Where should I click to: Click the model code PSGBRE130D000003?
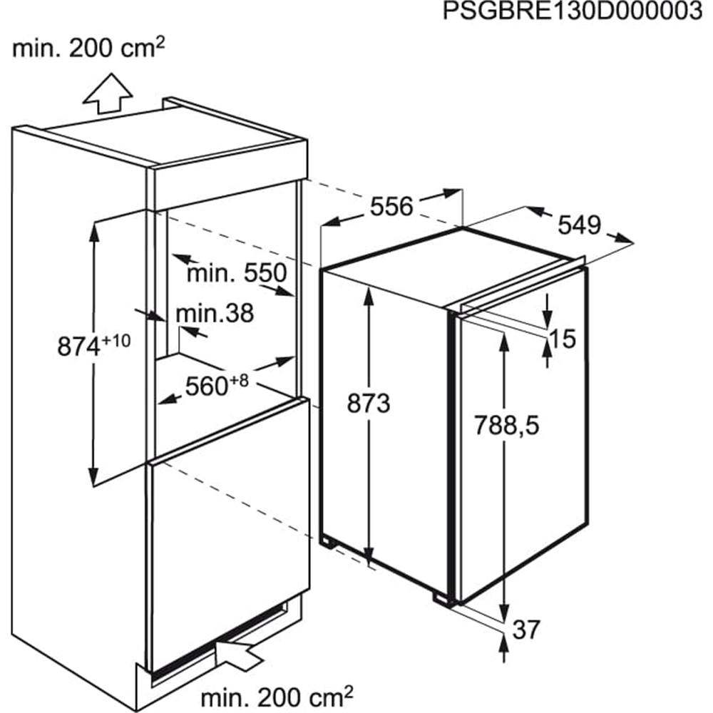(573, 11)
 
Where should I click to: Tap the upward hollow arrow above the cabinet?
(108, 93)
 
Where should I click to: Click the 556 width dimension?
(391, 207)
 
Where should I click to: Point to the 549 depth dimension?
(579, 225)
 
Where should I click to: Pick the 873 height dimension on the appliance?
(369, 404)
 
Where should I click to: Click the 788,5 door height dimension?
(506, 426)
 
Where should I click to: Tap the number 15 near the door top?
(563, 339)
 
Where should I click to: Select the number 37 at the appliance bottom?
(526, 630)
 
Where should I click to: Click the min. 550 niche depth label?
(237, 273)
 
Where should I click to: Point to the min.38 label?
(215, 313)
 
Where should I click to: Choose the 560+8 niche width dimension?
(217, 386)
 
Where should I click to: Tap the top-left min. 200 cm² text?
(88, 47)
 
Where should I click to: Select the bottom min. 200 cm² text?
(277, 696)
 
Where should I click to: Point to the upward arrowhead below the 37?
(503, 644)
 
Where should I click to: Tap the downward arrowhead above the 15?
(548, 317)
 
